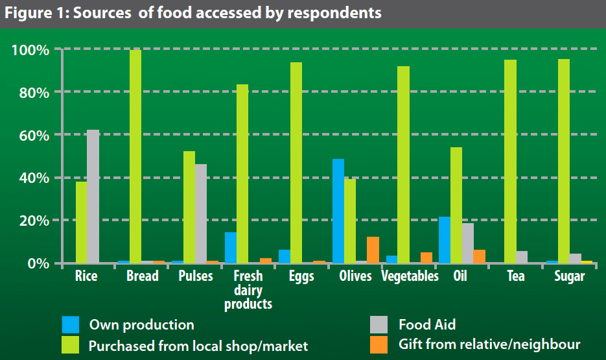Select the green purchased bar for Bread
click(x=135, y=156)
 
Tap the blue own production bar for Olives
click(x=338, y=211)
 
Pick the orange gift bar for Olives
click(x=373, y=250)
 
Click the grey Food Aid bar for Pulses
click(x=201, y=213)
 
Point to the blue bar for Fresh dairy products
click(x=231, y=247)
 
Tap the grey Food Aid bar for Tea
click(x=522, y=257)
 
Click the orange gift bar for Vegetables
click(x=426, y=258)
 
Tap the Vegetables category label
click(x=410, y=276)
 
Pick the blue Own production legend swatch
click(x=71, y=324)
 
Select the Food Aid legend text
click(x=427, y=324)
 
